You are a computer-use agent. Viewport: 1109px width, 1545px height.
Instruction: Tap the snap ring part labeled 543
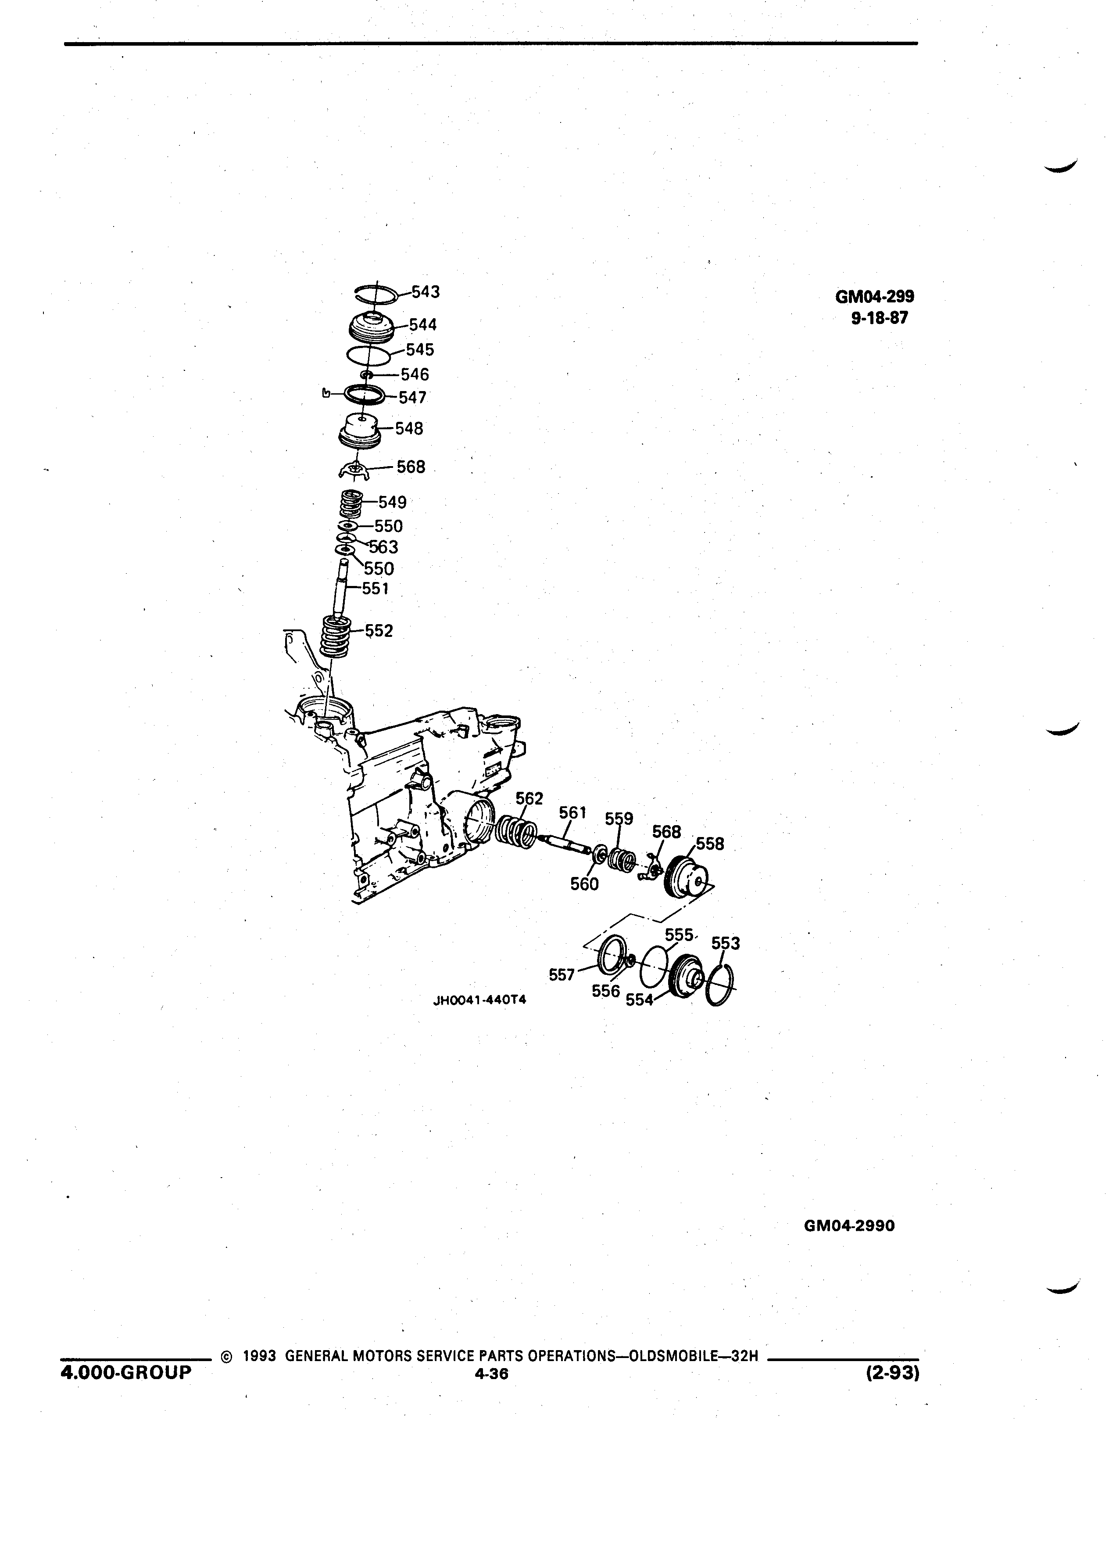pos(376,287)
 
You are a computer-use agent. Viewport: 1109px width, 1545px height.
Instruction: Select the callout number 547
pos(412,397)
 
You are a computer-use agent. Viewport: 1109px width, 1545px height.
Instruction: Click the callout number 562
pos(529,798)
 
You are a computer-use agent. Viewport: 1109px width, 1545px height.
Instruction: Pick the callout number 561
pos(572,813)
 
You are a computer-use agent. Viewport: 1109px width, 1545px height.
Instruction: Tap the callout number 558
pos(710,844)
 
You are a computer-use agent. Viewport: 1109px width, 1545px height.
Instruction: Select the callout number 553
pos(726,944)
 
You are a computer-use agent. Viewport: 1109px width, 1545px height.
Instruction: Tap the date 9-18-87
pos(880,318)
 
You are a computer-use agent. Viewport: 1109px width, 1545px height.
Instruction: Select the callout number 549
pos(393,502)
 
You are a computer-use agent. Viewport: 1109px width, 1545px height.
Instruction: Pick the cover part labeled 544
pos(372,328)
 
